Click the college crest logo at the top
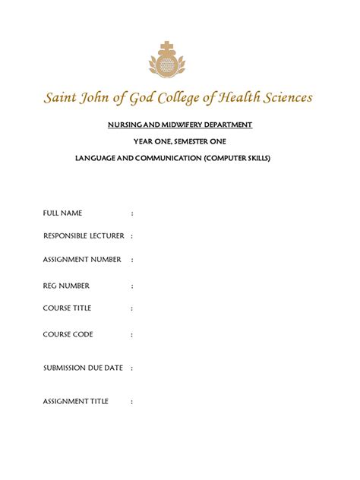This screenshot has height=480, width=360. pyautogui.click(x=179, y=60)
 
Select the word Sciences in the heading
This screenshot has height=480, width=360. pyautogui.click(x=281, y=98)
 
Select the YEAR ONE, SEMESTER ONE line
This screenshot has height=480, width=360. pyautogui.click(x=179, y=141)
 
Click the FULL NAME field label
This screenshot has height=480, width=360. pyautogui.click(x=62, y=213)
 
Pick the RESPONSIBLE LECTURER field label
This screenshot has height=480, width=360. pyautogui.click(x=84, y=236)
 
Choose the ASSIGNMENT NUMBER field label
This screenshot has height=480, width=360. pyautogui.click(x=82, y=260)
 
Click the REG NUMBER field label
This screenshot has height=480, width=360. pyautogui.click(x=66, y=286)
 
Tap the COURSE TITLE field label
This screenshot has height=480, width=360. pyautogui.click(x=67, y=308)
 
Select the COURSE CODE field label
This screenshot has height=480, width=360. pyautogui.click(x=68, y=334)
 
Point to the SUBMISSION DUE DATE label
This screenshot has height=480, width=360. pyautogui.click(x=83, y=368)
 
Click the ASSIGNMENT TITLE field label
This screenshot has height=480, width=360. pyautogui.click(x=76, y=401)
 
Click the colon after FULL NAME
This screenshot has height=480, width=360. pyautogui.click(x=132, y=213)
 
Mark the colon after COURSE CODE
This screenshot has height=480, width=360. pyautogui.click(x=132, y=334)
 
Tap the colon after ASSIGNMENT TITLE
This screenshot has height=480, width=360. pyautogui.click(x=132, y=402)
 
